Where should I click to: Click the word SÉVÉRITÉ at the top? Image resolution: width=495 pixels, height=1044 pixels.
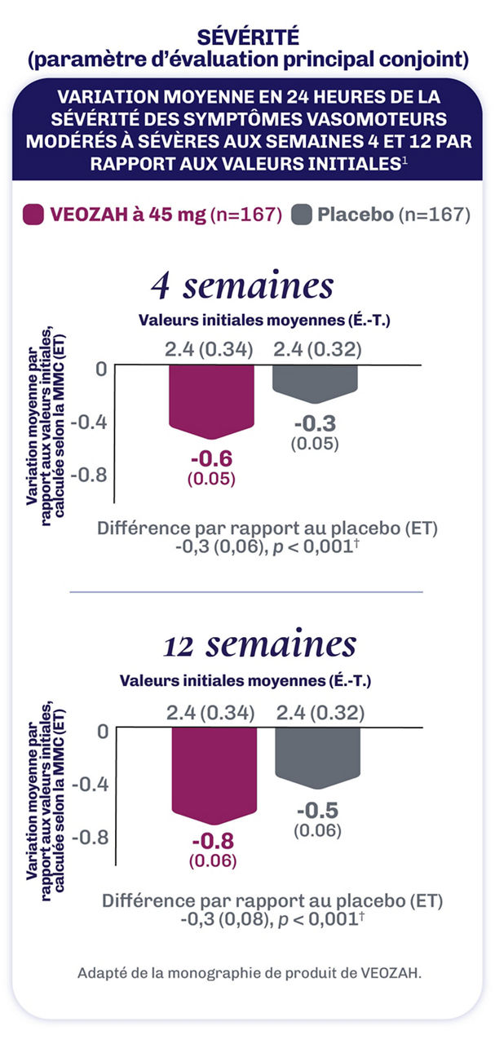click(x=248, y=37)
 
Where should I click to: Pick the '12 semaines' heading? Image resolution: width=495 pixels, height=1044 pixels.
click(x=259, y=644)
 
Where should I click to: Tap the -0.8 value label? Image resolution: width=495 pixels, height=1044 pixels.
click(x=214, y=841)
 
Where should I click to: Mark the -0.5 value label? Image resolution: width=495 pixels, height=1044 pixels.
click(x=317, y=812)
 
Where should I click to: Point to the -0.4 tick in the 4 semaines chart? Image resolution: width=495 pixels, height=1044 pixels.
click(x=90, y=422)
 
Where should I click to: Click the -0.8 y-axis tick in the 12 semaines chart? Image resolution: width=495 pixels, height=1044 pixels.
click(x=92, y=837)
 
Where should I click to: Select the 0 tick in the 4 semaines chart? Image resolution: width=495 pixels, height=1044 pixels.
click(x=100, y=369)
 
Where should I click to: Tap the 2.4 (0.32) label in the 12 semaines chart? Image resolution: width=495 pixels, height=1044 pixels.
click(x=320, y=712)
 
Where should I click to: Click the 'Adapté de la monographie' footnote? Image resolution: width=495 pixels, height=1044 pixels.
click(x=250, y=973)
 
